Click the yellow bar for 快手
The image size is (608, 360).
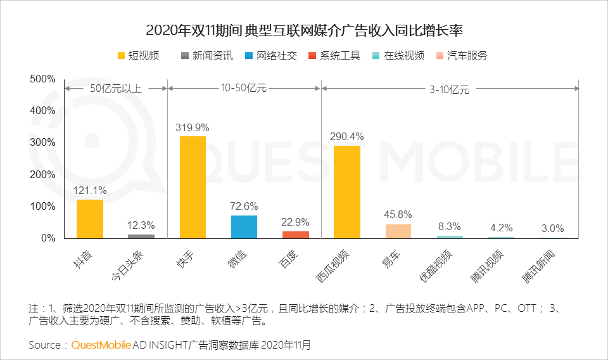(193, 188)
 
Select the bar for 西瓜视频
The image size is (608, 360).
(346, 192)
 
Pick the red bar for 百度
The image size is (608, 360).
(296, 235)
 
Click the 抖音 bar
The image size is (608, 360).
(90, 219)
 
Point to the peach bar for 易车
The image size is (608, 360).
(398, 231)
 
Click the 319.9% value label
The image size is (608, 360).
(193, 127)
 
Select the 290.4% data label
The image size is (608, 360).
(346, 137)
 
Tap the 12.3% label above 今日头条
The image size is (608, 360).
(141, 226)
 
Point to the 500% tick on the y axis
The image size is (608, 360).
(43, 79)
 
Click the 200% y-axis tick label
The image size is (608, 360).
(43, 174)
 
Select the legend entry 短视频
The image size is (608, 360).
(138, 55)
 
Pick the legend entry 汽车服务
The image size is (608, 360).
(461, 55)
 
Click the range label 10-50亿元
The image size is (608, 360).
(243, 89)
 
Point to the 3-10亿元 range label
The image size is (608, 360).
(449, 89)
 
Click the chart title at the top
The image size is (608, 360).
(304, 30)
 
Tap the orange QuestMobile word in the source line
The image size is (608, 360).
(101, 345)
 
